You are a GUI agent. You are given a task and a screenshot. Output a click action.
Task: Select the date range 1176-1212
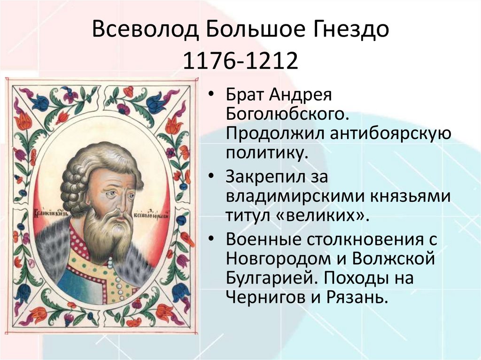tap(241, 61)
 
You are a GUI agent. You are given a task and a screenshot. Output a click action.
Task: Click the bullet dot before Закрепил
tap(213, 177)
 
